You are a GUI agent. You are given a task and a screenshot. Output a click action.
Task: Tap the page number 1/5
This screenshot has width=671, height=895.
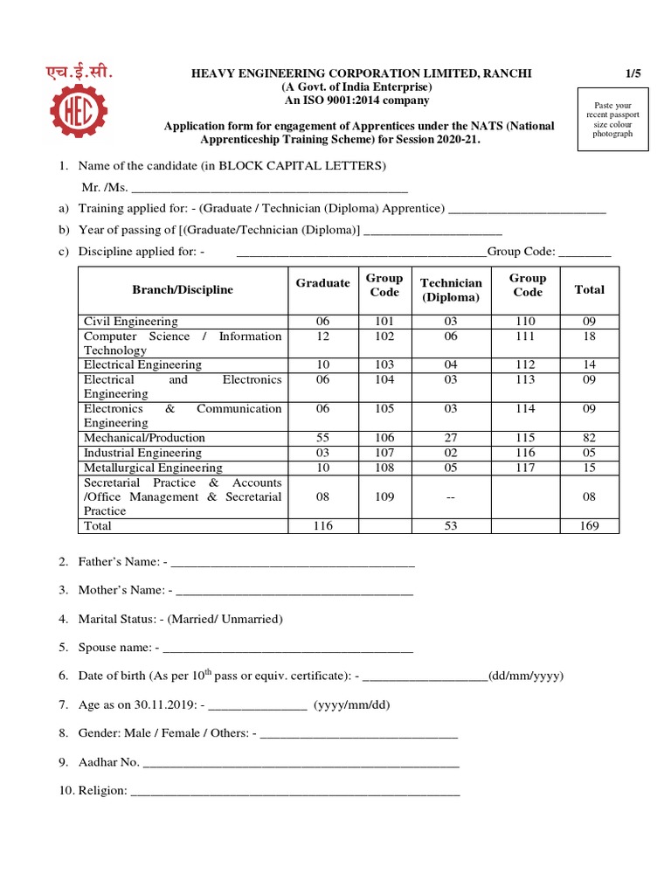[633, 73]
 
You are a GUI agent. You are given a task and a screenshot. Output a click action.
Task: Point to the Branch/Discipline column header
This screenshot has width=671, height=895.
[183, 289]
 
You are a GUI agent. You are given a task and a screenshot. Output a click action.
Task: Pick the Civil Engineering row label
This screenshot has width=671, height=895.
[131, 322]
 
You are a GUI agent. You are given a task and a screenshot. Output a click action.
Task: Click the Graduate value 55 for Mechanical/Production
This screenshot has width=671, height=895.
[322, 438]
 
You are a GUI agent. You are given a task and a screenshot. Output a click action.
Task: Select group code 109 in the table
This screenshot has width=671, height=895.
[384, 496]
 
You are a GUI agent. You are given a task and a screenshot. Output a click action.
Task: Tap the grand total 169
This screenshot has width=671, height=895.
[589, 526]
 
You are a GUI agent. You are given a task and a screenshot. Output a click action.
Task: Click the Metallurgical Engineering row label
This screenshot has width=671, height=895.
[153, 468]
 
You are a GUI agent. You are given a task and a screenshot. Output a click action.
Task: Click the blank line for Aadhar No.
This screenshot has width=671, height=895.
[301, 762]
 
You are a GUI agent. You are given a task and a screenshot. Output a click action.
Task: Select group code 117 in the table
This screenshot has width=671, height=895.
[528, 468]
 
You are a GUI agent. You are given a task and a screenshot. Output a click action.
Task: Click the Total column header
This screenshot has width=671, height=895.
[589, 289]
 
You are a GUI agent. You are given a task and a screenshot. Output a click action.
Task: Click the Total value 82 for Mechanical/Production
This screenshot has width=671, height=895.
[589, 438]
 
